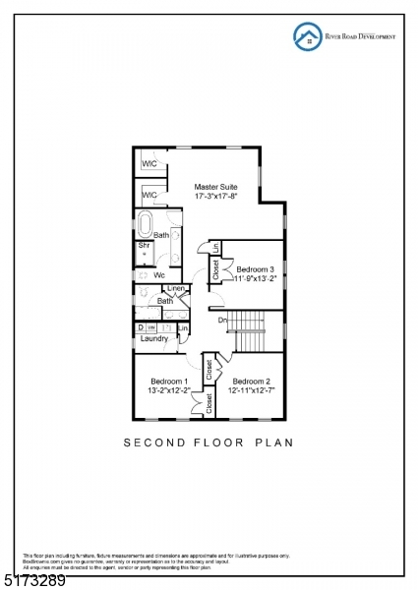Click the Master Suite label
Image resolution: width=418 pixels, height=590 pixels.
tap(215, 185)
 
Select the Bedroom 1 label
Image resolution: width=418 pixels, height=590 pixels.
tap(168, 381)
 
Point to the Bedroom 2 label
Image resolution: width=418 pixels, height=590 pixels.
tap(252, 381)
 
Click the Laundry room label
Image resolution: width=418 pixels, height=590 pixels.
tap(154, 339)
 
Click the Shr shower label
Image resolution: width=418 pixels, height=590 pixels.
tap(144, 246)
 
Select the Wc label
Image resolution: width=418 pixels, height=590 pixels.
tap(158, 274)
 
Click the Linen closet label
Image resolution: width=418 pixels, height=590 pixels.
tap(175, 288)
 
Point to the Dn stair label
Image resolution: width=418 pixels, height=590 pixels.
tap(223, 320)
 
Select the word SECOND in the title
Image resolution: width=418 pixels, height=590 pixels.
tap(149, 443)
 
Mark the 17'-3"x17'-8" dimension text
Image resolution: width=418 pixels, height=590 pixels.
tap(215, 196)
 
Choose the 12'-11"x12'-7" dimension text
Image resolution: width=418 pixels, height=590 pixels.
tap(252, 391)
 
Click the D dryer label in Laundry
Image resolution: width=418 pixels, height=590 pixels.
tap(141, 327)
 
